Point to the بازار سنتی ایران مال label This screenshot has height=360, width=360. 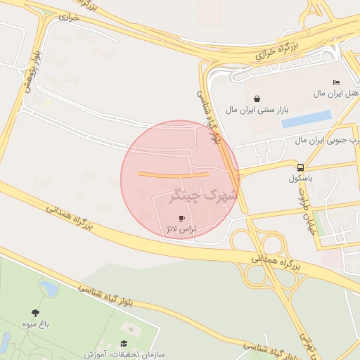coord(258,110)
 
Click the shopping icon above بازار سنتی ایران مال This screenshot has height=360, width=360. coord(255,98)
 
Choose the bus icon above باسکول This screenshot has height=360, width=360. coord(300,167)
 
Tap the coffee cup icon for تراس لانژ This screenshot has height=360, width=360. coord(183,219)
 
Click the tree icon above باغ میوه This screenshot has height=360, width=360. coord(35,313)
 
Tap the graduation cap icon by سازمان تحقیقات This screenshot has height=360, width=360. coord(124,344)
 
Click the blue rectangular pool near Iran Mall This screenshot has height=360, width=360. coord(307,119)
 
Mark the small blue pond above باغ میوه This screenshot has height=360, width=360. coord(49,288)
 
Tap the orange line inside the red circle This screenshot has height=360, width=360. coord(173,174)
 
